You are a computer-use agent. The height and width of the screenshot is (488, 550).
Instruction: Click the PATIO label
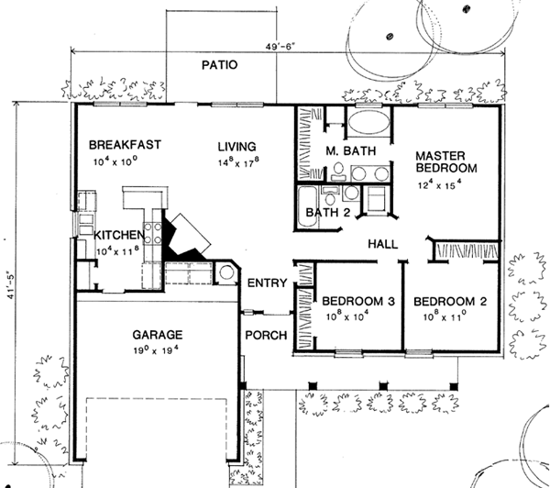[220, 66]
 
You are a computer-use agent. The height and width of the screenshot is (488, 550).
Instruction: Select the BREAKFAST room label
[126, 145]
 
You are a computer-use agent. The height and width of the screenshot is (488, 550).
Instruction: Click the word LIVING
[236, 145]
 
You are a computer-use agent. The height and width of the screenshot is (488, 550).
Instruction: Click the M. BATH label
[346, 150]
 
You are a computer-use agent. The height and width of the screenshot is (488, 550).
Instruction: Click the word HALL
[382, 245]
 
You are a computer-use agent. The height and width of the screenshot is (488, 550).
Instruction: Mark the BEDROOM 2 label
[449, 302]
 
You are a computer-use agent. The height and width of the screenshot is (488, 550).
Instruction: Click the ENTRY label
[268, 283]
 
